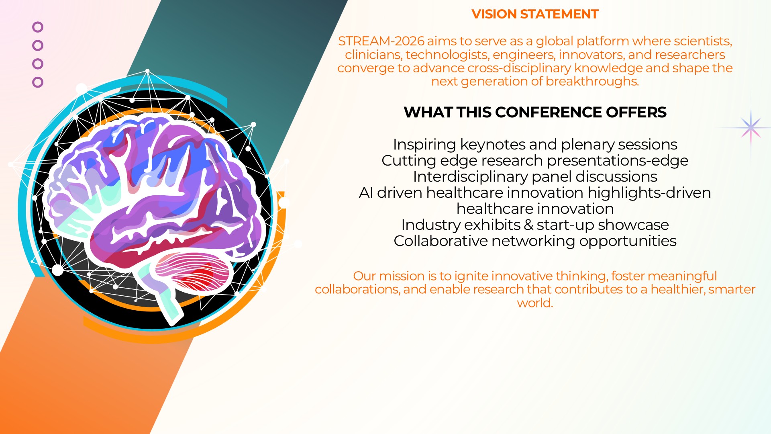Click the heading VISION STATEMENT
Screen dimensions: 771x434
[x=535, y=14]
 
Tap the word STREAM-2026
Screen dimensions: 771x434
[x=381, y=41]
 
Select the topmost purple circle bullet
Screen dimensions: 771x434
[x=38, y=27]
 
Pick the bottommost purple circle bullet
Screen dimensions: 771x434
[x=38, y=82]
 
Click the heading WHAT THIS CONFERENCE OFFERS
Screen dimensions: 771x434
[x=535, y=112]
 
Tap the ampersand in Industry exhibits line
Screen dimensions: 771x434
[x=528, y=225]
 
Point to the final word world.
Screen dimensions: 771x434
[x=535, y=303]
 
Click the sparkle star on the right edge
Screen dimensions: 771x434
[x=751, y=128]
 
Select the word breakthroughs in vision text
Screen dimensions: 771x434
[x=592, y=82]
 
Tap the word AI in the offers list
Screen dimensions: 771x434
[x=366, y=193]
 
